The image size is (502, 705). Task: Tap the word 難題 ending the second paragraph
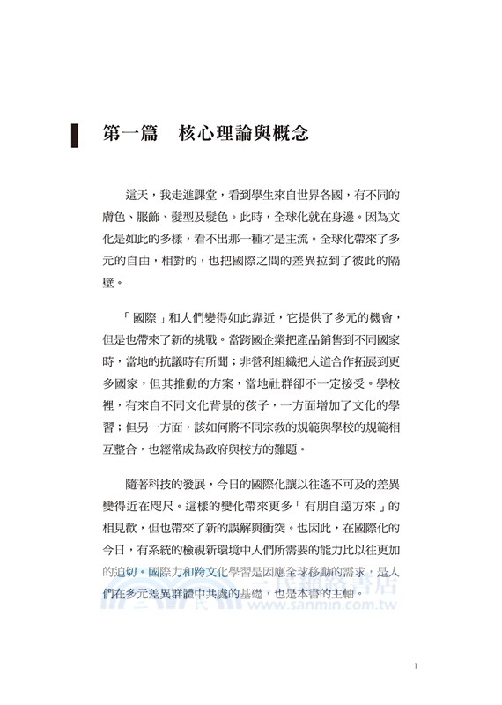pyautogui.click(x=287, y=451)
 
